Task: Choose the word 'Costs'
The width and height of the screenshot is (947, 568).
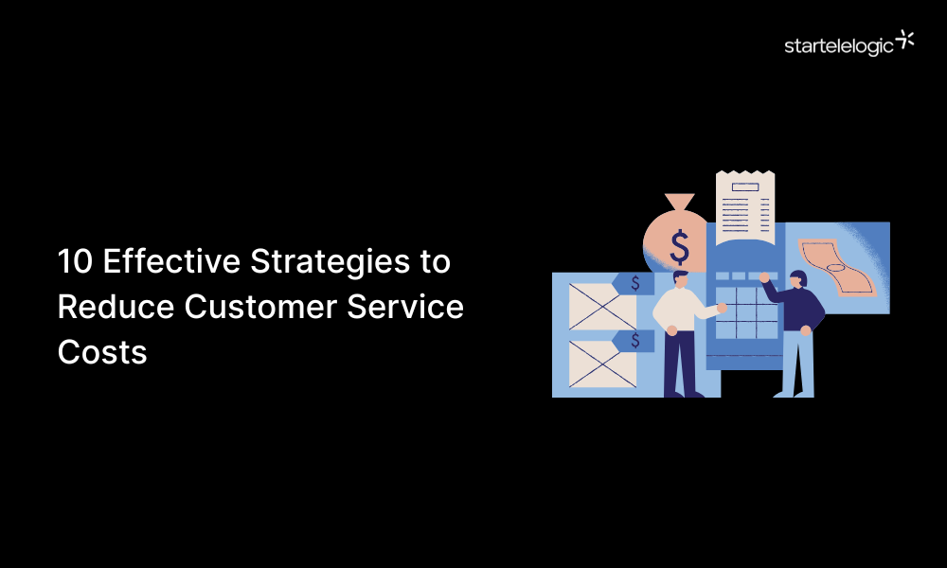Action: [102, 352]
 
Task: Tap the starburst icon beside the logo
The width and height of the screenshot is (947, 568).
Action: [905, 40]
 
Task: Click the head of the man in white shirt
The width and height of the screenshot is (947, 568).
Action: [680, 280]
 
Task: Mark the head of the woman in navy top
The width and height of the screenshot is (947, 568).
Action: [796, 280]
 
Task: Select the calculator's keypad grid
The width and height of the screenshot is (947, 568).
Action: [744, 311]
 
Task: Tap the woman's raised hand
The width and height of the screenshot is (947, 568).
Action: [763, 277]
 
